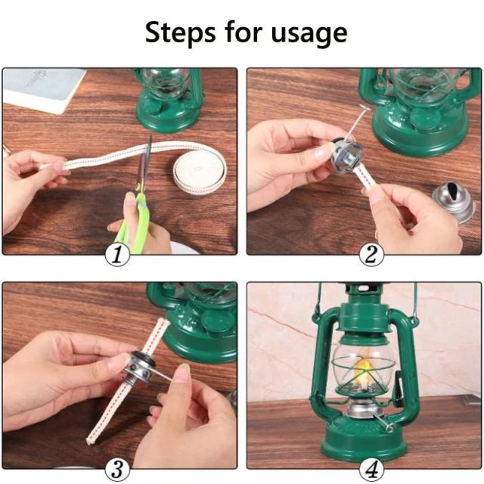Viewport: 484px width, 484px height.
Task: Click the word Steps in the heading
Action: point(181,33)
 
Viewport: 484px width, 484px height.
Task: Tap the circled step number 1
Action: point(117,255)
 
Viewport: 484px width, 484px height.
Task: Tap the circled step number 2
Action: point(371,255)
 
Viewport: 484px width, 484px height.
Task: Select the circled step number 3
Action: point(117,470)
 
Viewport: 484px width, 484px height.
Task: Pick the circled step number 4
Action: point(371,470)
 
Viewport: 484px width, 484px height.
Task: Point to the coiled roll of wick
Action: point(200,170)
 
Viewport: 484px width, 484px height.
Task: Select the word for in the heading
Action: point(244,33)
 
